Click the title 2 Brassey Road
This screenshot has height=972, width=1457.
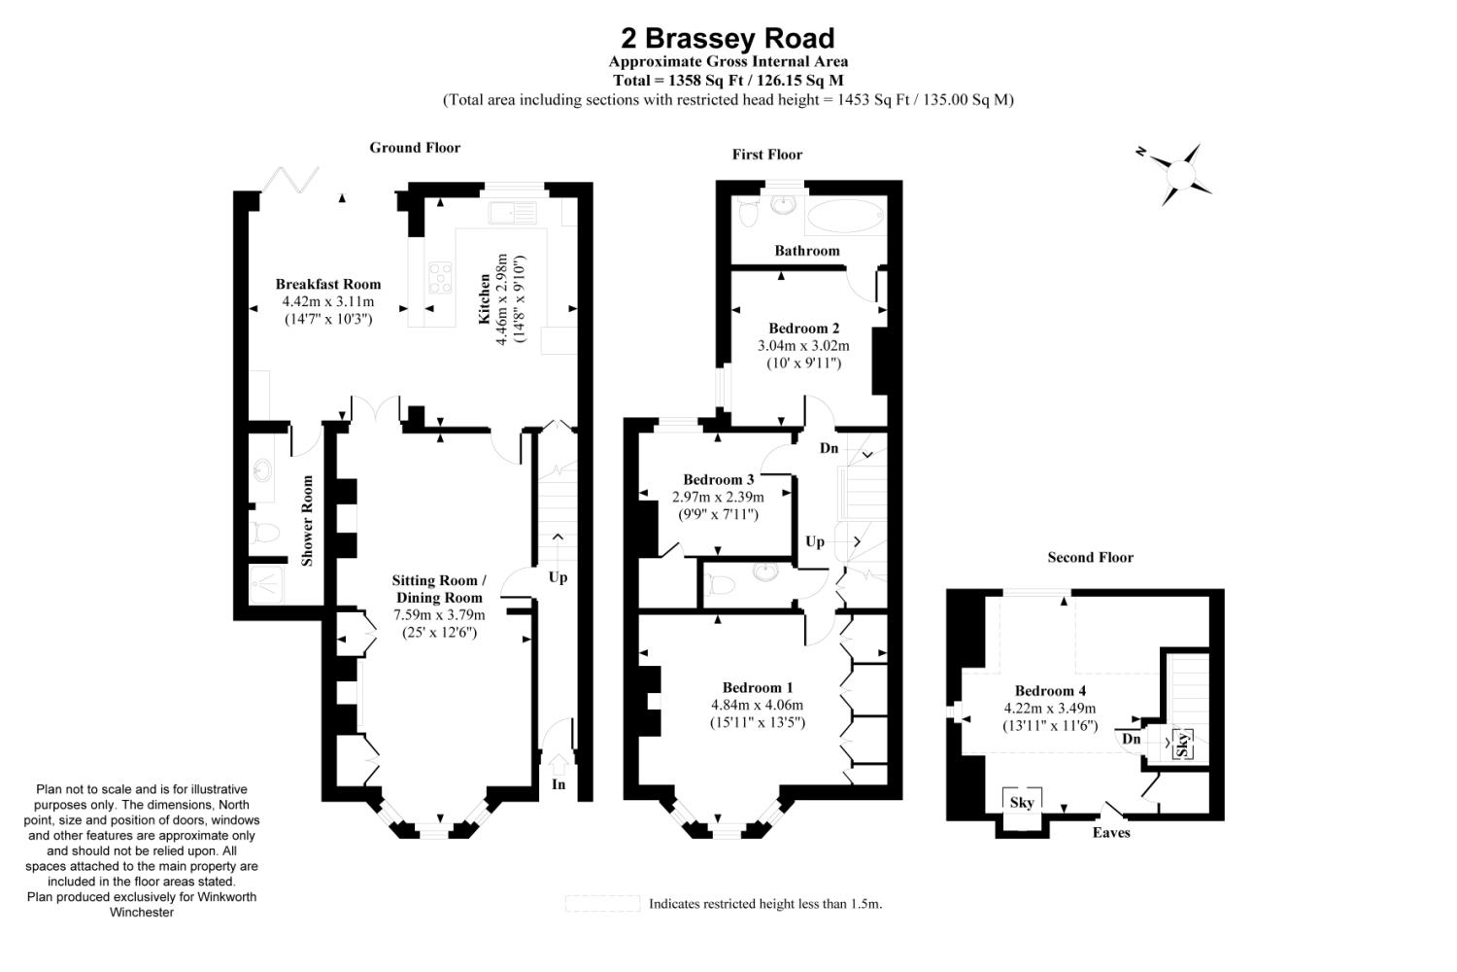728,39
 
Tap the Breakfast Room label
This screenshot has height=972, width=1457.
328,284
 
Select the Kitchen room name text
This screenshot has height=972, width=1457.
485,298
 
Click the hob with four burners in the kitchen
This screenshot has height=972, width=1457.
440,278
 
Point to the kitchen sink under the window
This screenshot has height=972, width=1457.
513,213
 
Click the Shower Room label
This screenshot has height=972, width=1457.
307,521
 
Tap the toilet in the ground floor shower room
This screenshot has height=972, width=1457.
265,533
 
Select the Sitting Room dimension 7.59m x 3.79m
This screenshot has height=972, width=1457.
439,614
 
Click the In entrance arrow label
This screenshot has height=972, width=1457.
559,783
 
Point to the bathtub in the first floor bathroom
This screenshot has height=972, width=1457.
844,216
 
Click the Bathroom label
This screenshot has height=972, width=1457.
806,251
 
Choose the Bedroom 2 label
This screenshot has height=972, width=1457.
804,329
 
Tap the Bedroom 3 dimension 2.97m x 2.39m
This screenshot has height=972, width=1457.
718,498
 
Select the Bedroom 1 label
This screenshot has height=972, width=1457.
758,687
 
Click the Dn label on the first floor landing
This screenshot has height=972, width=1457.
829,448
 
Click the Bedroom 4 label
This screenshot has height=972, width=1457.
1050,691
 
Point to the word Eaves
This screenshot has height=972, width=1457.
1111,833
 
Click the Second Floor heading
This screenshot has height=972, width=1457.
1090,557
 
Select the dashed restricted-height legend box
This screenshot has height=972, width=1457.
603,904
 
